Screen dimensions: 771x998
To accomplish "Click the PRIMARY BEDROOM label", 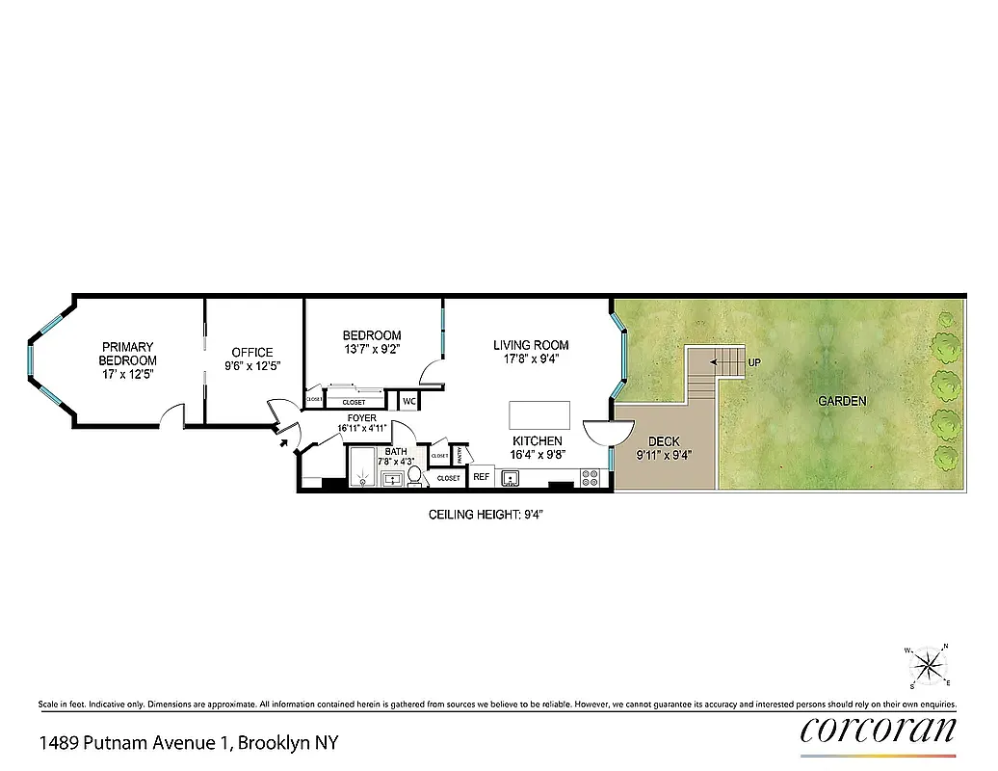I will pyautogui.click(x=129, y=353).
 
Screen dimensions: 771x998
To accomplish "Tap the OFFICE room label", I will pyautogui.click(x=249, y=353).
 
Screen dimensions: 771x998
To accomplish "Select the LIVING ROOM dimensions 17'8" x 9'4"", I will pyautogui.click(x=531, y=359).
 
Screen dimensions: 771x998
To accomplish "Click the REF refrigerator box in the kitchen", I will pyautogui.click(x=480, y=476).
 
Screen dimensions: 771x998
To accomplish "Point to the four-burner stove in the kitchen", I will pyautogui.click(x=591, y=476).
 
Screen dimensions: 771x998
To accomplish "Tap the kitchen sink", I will pyautogui.click(x=510, y=477).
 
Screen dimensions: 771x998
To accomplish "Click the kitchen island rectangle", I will pyautogui.click(x=539, y=415).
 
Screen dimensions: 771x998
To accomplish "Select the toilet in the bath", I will pyautogui.click(x=415, y=475).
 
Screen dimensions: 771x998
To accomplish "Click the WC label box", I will pyautogui.click(x=408, y=401).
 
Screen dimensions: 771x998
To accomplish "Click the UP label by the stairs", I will pyautogui.click(x=753, y=362).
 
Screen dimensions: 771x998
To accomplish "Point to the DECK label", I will pyautogui.click(x=664, y=441).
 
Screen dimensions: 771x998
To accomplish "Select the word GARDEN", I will pyautogui.click(x=842, y=401).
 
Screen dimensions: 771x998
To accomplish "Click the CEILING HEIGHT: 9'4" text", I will pyautogui.click(x=492, y=516).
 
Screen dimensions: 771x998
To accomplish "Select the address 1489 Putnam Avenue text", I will pyautogui.click(x=188, y=743).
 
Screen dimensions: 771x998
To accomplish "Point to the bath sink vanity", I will pyautogui.click(x=392, y=478).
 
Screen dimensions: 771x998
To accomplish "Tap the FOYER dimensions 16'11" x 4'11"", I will pyautogui.click(x=361, y=428).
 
